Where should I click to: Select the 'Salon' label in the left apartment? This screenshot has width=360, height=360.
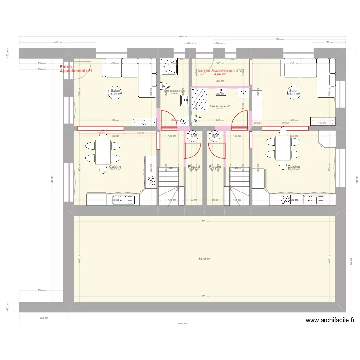pyautogui.click(x=115, y=91)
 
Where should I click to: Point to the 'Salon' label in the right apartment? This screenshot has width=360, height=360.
pyautogui.click(x=294, y=91)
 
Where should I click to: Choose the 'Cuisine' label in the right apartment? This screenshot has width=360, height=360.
pyautogui.click(x=294, y=167)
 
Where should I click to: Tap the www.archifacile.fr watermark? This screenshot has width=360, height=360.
pyautogui.click(x=330, y=320)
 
